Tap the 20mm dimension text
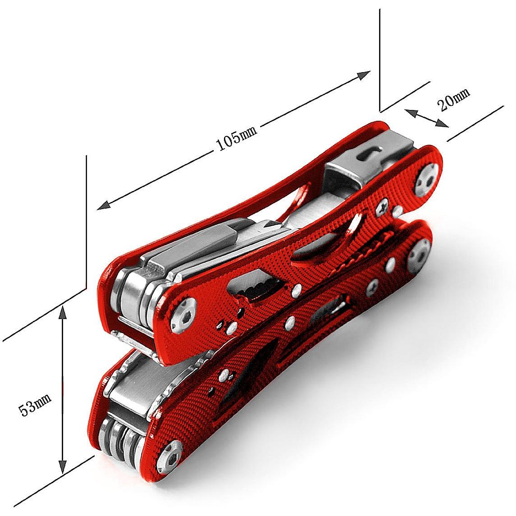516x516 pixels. [x=453, y=100]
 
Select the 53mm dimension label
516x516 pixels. [x=35, y=404]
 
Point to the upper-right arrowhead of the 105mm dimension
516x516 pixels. [x=364, y=75]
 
